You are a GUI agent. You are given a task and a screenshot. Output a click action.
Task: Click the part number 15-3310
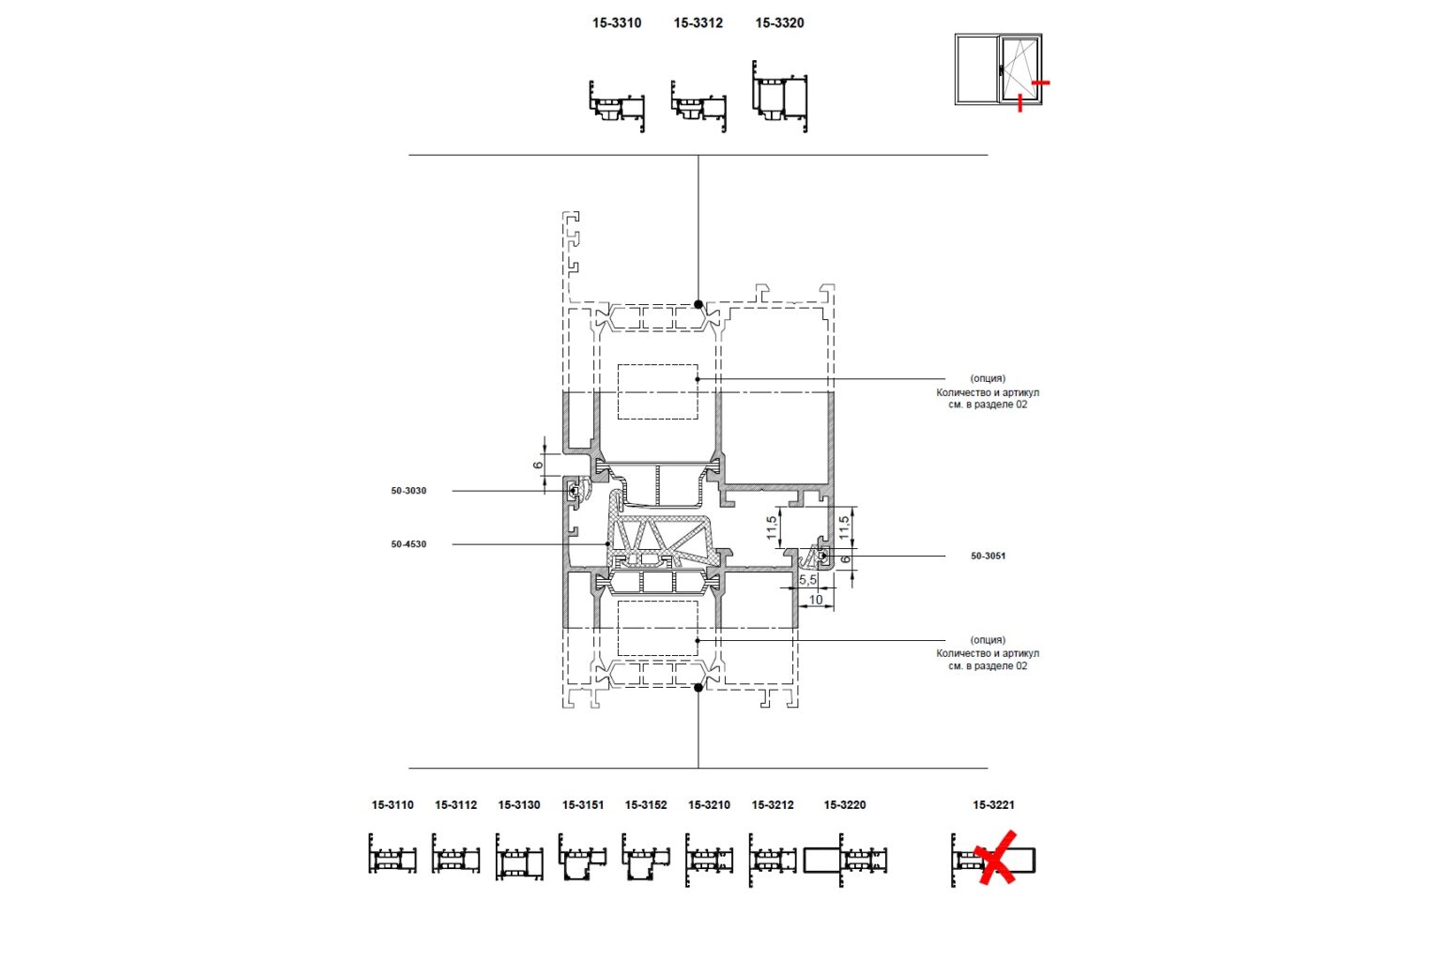pyautogui.click(x=617, y=23)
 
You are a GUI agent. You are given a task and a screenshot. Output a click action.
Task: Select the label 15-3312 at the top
pyautogui.click(x=698, y=23)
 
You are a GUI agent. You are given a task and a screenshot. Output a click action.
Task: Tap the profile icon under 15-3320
pyautogui.click(x=779, y=97)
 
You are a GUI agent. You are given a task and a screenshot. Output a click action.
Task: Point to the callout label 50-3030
pyautogui.click(x=408, y=491)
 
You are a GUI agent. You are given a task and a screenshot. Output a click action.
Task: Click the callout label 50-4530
pyautogui.click(x=408, y=544)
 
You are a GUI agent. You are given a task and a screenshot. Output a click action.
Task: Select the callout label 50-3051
pyautogui.click(x=989, y=556)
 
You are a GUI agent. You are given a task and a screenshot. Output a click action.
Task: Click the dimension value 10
pyautogui.click(x=816, y=600)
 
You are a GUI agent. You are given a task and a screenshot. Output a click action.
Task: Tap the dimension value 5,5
pyautogui.click(x=808, y=580)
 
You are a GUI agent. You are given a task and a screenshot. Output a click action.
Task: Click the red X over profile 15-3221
pyautogui.click(x=995, y=858)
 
